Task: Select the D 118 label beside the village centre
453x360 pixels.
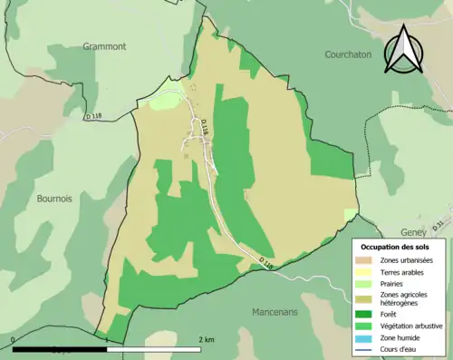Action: click(205, 131)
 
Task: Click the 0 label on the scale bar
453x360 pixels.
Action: click(14, 340)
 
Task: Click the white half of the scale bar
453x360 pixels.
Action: click(152, 348)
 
